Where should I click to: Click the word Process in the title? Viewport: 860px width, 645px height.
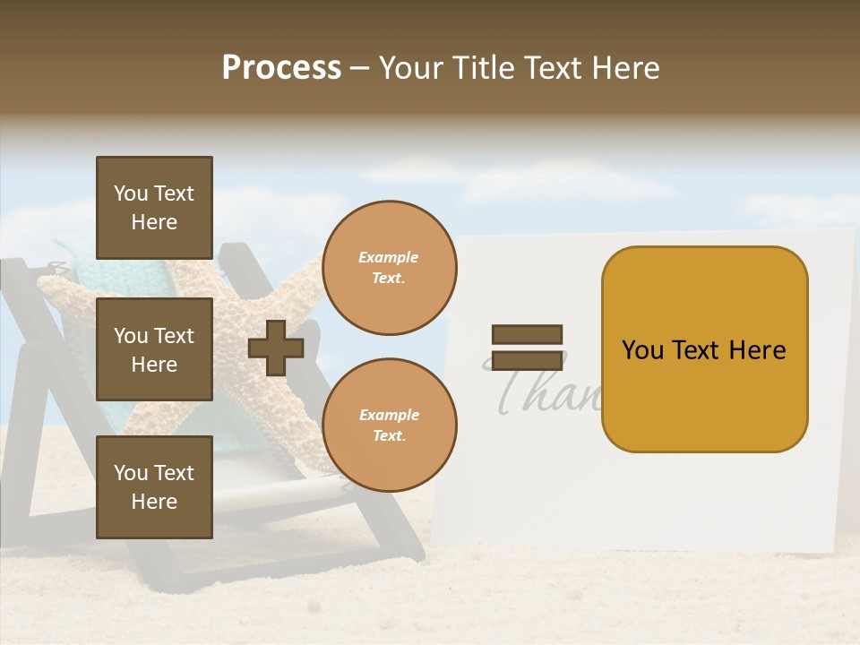[281, 68]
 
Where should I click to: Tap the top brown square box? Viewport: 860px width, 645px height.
[154, 208]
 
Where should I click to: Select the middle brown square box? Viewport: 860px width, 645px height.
[154, 349]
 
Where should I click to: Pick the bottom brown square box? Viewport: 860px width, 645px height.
[154, 487]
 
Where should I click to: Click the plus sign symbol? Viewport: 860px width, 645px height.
[275, 348]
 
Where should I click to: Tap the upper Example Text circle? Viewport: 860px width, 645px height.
[389, 268]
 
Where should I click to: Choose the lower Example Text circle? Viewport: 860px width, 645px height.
[389, 426]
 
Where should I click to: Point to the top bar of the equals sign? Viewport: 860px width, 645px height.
[527, 334]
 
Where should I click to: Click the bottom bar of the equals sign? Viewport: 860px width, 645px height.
[527, 360]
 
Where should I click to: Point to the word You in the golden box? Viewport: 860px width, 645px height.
[642, 350]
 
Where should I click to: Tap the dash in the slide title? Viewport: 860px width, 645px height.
[359, 69]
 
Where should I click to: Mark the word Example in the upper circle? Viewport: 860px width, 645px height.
[388, 257]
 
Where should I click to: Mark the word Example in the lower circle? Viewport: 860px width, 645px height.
[389, 415]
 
